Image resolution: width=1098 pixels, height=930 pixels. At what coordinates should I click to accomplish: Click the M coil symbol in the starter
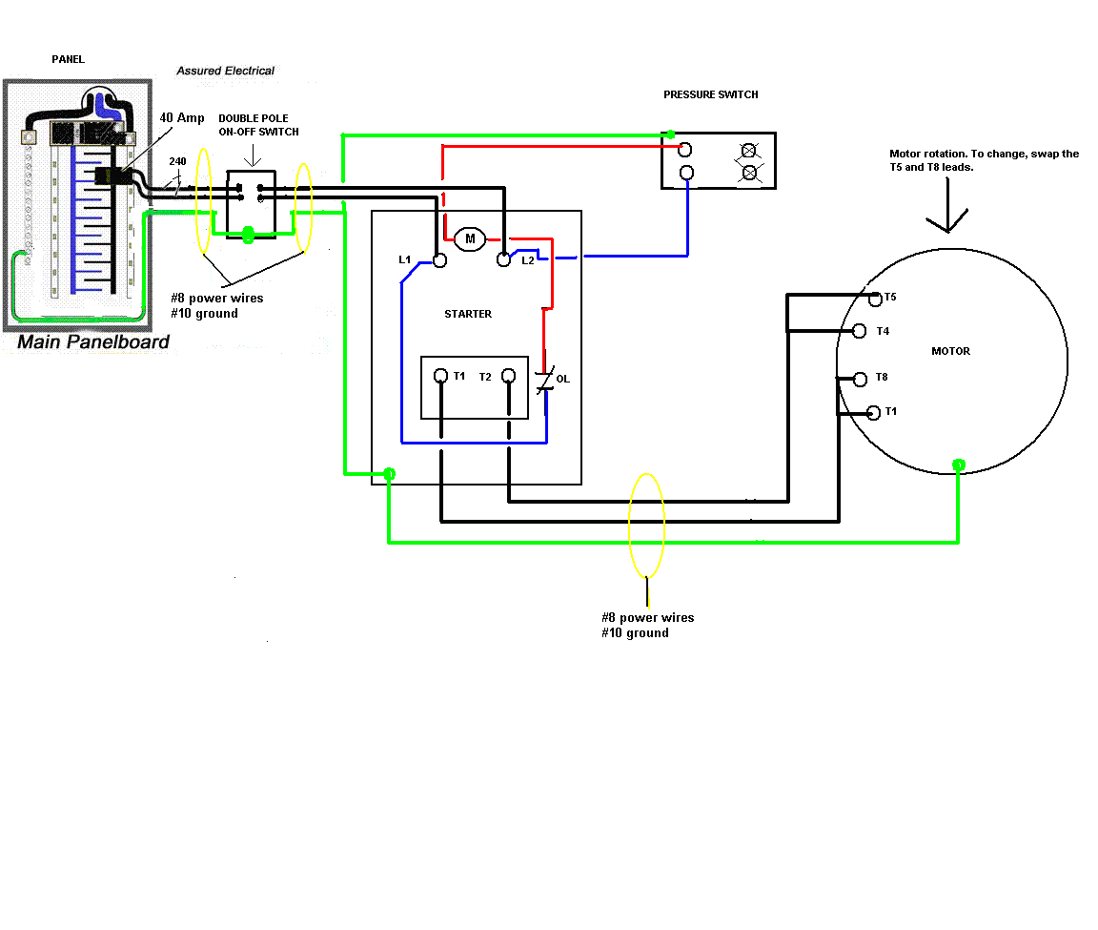(469, 238)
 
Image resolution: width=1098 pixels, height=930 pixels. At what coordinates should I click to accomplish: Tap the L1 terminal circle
(439, 259)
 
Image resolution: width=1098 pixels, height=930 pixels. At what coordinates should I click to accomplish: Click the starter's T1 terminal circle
(440, 376)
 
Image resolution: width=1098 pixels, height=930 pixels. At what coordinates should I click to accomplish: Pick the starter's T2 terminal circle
(509, 376)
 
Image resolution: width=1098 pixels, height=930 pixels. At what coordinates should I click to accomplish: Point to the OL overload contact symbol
(545, 382)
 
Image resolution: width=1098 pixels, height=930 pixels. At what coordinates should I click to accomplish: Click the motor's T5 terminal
(875, 299)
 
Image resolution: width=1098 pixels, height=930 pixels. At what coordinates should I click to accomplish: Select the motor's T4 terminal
(859, 331)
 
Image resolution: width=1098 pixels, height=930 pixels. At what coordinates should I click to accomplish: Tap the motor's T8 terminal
(859, 379)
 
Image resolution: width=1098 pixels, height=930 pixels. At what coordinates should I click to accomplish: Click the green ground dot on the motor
(959, 465)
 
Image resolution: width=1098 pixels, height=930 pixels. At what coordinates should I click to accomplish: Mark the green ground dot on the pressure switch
(671, 134)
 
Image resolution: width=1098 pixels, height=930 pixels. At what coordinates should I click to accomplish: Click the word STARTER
(468, 314)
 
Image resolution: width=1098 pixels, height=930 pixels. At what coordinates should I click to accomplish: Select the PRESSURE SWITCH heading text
(711, 94)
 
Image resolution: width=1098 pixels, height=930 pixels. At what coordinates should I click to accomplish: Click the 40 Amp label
(181, 117)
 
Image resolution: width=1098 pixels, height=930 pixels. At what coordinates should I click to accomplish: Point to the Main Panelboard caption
(93, 341)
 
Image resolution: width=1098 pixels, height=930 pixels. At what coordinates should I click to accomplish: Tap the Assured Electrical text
(225, 71)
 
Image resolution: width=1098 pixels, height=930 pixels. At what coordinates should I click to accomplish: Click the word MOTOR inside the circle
(950, 351)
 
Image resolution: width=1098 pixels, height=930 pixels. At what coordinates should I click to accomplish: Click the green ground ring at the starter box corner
(389, 474)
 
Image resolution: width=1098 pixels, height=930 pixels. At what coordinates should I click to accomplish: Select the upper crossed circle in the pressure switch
(749, 151)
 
